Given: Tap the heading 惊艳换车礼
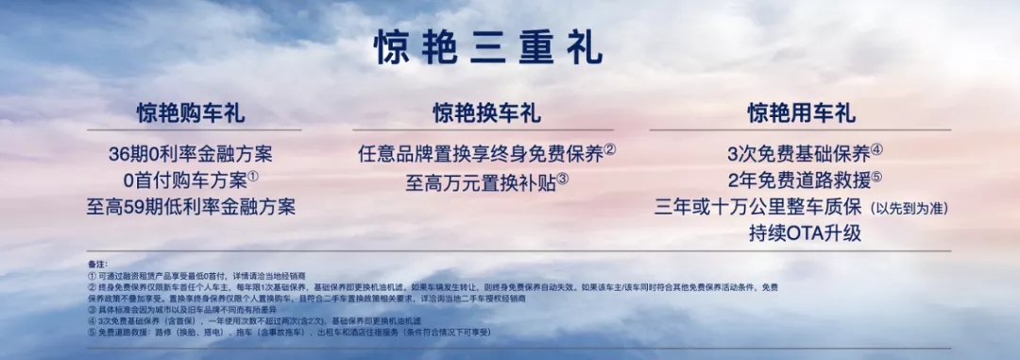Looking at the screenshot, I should click(487, 114).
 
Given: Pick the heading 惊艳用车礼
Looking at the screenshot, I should click(801, 114).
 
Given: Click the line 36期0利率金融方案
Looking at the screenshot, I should click(191, 153).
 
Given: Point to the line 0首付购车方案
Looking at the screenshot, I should click(184, 180).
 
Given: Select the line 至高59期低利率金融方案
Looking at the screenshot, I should click(191, 206).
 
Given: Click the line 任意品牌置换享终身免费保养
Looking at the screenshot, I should click(481, 153).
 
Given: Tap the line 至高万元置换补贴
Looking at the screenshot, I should click(481, 180).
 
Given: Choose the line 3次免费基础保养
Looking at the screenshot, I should click(798, 153).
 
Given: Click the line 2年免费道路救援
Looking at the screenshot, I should click(798, 180).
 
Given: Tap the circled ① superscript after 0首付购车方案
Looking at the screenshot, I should click(253, 175).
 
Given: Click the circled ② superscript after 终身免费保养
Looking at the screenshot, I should click(610, 148).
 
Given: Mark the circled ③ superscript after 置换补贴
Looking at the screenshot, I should click(563, 176).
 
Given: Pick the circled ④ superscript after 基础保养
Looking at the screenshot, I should click(876, 148).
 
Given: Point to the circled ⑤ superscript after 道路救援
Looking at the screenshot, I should click(876, 175).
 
